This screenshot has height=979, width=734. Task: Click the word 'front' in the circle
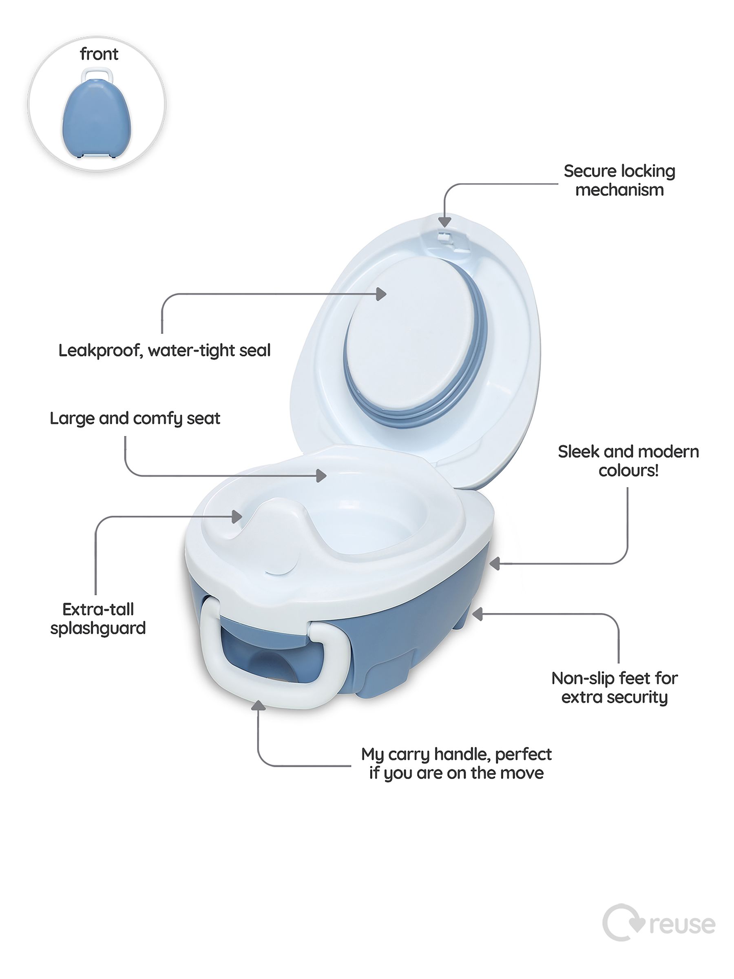[x=99, y=54]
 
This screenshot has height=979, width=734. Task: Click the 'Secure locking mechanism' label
[x=619, y=180]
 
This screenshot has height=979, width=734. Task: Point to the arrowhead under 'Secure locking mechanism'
[x=444, y=221]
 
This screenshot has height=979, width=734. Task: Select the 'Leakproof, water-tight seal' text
[x=164, y=350]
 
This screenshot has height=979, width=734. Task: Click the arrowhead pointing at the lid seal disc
[x=381, y=294]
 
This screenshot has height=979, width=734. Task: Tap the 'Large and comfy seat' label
[x=135, y=418]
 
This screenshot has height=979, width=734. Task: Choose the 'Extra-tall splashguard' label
[x=98, y=618]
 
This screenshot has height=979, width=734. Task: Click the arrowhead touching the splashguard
[x=237, y=516]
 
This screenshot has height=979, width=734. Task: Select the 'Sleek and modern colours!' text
[x=628, y=461]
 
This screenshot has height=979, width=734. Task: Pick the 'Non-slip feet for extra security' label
[x=614, y=687]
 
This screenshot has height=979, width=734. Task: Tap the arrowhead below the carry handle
[x=258, y=705]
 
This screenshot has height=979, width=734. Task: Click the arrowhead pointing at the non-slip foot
[x=478, y=614]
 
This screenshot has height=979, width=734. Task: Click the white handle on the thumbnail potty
[x=97, y=73]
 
